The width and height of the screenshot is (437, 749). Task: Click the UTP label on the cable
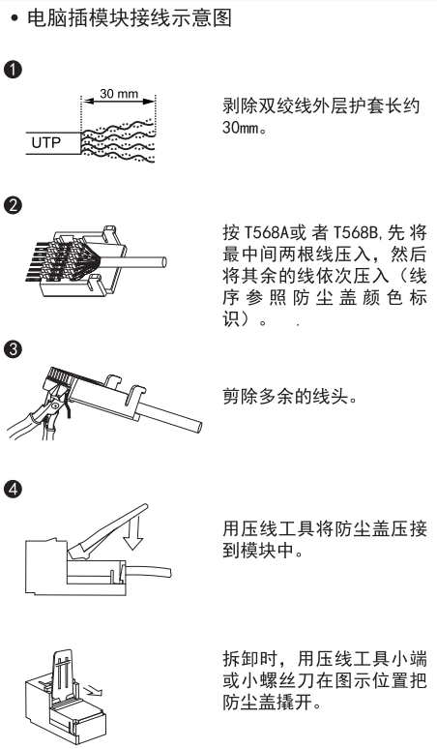(x=46, y=142)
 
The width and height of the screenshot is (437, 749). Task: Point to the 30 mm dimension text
(x=119, y=94)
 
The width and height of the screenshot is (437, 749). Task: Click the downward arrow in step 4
(x=132, y=535)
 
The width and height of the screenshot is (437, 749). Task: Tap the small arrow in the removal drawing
(x=93, y=690)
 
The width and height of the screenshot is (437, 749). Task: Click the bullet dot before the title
(x=15, y=18)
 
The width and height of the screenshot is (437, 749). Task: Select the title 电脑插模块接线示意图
(x=130, y=18)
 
